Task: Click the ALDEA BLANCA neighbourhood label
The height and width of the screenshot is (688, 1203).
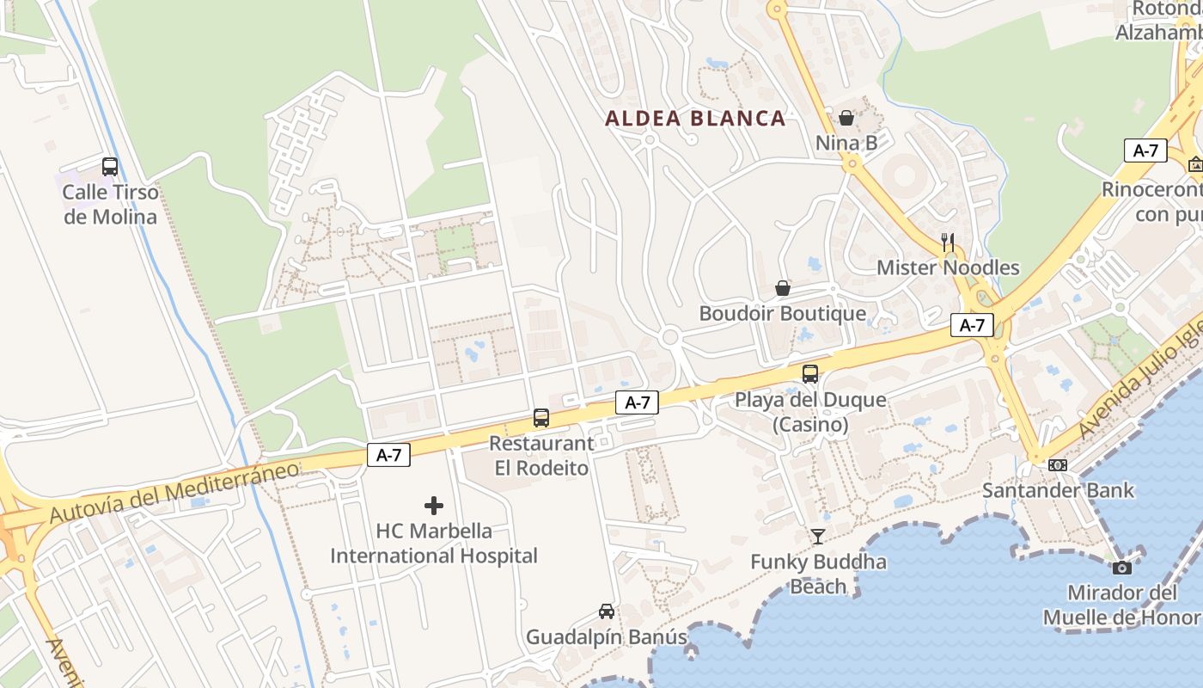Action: [695, 119]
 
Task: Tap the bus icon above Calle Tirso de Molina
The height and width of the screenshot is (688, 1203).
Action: [110, 167]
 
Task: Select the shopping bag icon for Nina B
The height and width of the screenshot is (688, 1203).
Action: [846, 118]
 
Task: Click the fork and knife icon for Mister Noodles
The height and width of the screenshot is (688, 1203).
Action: [948, 243]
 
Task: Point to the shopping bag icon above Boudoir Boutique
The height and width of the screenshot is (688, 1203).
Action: [783, 288]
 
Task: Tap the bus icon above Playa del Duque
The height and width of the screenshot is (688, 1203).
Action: [810, 374]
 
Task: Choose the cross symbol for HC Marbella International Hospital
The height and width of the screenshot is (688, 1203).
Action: [434, 506]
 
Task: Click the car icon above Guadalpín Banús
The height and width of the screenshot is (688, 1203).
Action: [607, 611]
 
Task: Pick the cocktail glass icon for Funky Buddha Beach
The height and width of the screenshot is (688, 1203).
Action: [817, 537]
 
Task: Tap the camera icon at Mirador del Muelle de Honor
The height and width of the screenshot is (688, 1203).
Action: [1121, 568]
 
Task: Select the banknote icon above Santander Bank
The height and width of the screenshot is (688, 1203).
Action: [1058, 465]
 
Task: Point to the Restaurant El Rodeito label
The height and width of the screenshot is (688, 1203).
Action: [541, 456]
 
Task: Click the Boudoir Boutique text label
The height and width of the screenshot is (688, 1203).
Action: [783, 313]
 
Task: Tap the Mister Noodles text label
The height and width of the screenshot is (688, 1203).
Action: [948, 267]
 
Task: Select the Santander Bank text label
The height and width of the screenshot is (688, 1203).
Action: [1058, 490]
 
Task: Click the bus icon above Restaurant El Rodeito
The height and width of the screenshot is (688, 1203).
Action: [541, 418]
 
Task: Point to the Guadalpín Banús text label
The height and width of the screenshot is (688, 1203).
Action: [607, 637]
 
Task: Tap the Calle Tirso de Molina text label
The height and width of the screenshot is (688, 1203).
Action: [111, 204]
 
